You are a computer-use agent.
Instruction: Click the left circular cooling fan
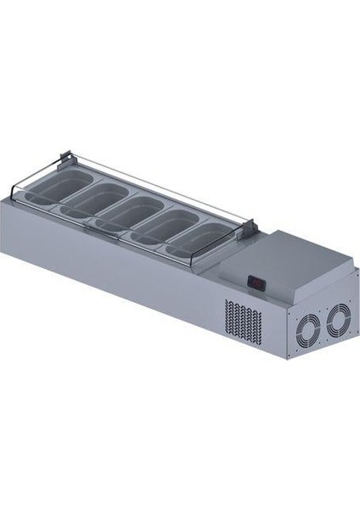point(307,326)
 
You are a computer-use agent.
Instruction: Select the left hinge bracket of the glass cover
point(65,158)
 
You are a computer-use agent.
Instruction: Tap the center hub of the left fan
point(307,326)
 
